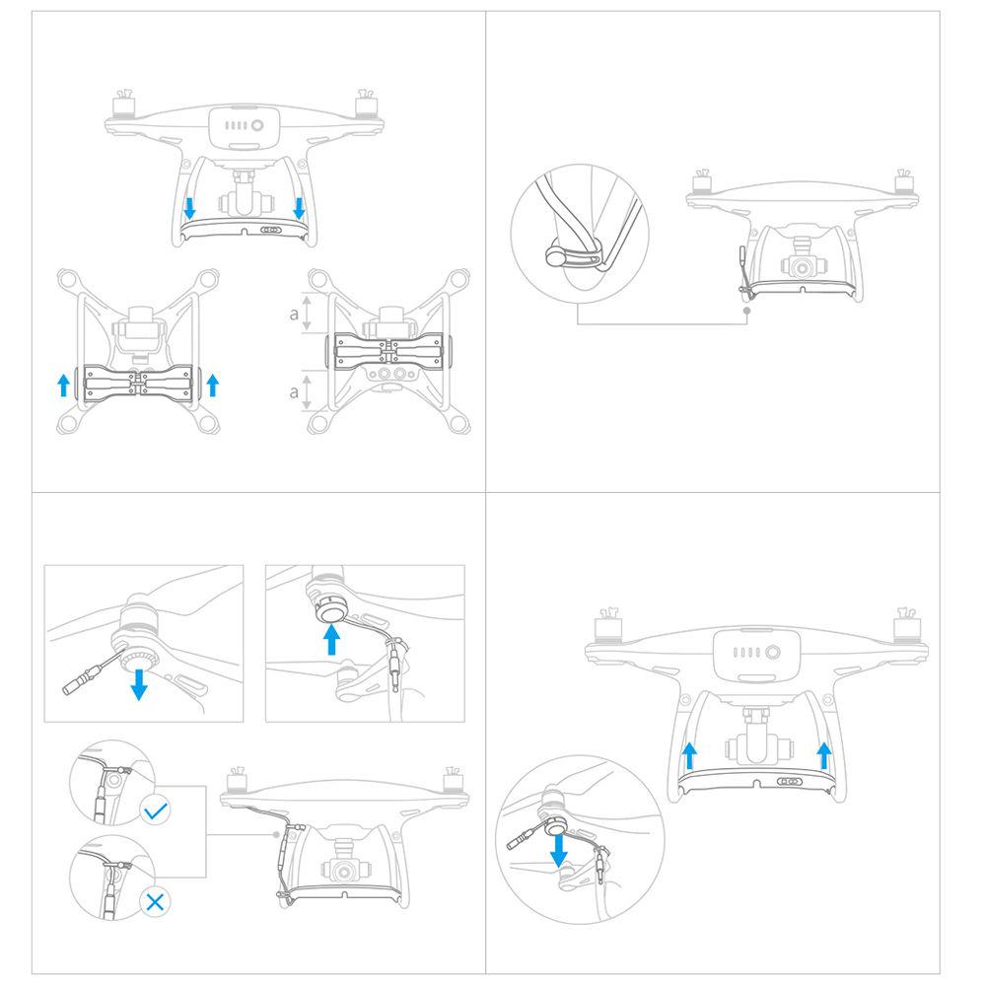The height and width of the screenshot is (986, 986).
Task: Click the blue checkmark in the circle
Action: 155,811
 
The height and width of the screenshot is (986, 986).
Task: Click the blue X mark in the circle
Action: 154,900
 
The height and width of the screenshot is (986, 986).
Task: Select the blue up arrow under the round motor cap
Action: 333,641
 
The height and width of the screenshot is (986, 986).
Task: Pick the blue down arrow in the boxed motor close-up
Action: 139,682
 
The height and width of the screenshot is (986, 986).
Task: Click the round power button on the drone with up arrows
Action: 772,652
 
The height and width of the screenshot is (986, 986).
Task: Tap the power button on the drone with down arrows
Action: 256,126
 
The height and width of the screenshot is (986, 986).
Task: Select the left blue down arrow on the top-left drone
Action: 189,208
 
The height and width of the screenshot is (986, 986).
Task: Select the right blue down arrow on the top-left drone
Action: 299,208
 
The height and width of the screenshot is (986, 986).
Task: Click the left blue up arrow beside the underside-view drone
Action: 64,384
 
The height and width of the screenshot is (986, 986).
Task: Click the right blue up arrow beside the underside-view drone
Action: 212,384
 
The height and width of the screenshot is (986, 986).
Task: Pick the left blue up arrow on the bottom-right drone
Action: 690,756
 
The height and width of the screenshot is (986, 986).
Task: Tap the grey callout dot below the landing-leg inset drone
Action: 747,310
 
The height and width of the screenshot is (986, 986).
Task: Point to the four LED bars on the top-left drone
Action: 236,126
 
